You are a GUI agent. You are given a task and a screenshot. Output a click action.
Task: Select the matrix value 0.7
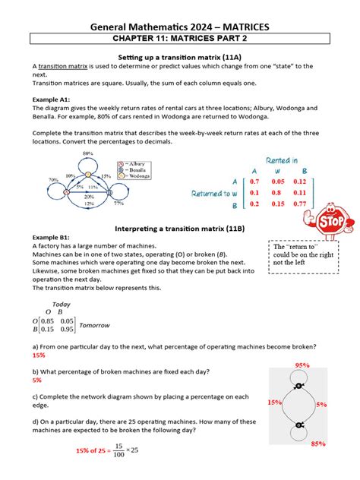tap(254, 182)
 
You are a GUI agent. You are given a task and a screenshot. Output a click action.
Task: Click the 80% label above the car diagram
tap(88, 153)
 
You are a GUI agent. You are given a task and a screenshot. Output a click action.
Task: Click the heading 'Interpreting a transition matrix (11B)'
tap(180, 228)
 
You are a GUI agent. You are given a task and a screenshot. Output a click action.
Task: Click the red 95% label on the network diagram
tap(302, 365)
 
